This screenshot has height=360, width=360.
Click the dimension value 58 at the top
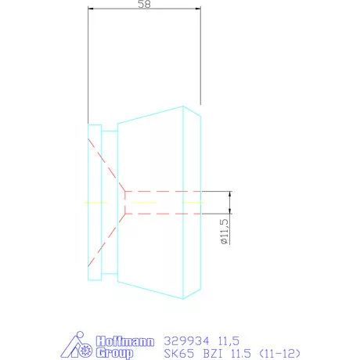coord(144,5)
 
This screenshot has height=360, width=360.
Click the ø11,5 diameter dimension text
coord(224,233)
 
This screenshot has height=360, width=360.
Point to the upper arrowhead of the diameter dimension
coord(229,193)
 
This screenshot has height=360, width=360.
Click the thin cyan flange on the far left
coord(95,202)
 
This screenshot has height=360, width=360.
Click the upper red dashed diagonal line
coord(106,167)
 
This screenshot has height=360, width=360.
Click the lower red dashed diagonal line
coord(106,238)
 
